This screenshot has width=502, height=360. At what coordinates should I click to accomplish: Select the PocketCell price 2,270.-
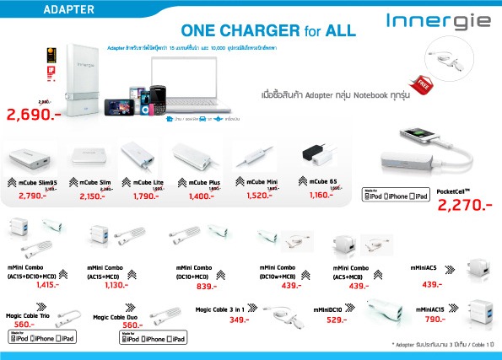[x=460, y=203]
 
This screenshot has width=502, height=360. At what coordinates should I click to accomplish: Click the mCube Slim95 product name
[x=38, y=181]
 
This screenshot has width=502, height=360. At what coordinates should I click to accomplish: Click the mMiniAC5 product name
[x=427, y=267]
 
